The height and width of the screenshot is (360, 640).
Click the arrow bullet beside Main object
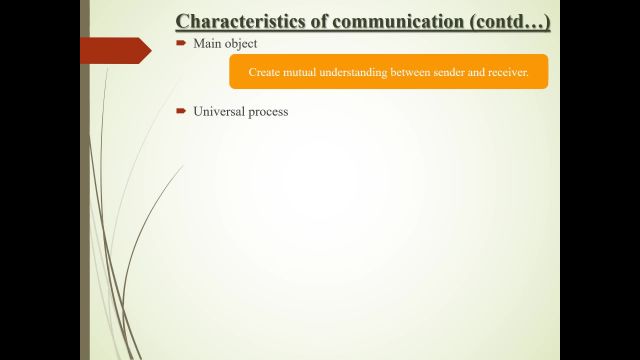click(181, 44)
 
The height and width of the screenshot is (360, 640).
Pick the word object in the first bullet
click(241, 44)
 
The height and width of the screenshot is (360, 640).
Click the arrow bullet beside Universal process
click(181, 111)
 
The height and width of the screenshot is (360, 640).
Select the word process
click(268, 112)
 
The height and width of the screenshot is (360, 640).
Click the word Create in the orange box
click(265, 73)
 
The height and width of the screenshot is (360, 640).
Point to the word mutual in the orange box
click(304, 73)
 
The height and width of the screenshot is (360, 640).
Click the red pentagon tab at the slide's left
click(113, 50)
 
